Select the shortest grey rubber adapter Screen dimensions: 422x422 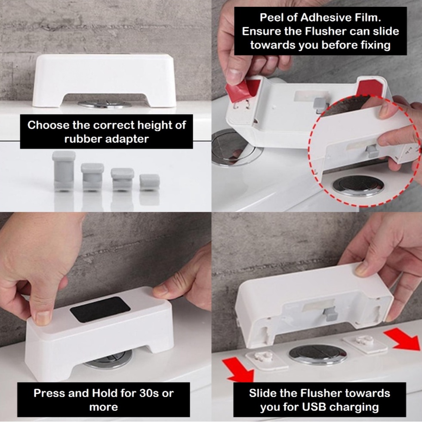[x=149, y=182]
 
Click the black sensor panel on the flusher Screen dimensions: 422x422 [x=100, y=309]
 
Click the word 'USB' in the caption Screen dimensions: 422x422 [x=314, y=407]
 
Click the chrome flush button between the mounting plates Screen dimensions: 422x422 [x=318, y=355]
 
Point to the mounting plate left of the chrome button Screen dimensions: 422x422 [x=266, y=359]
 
